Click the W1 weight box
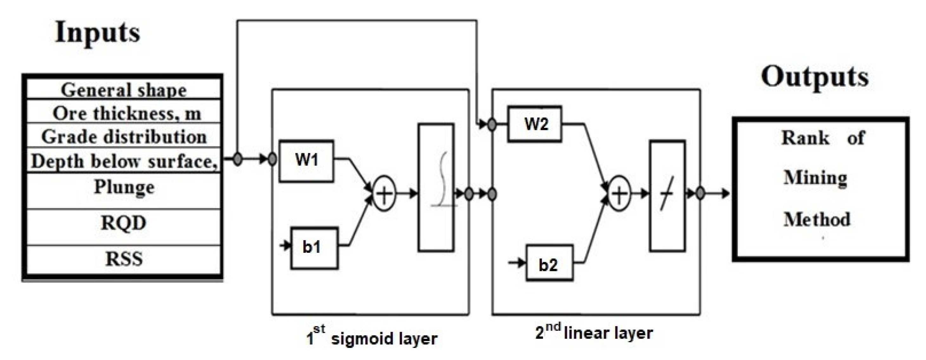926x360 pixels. click(306, 160)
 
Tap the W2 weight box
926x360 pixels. click(534, 124)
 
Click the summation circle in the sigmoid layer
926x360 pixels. click(384, 194)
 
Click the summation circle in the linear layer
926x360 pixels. click(619, 194)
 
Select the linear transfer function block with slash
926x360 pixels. click(667, 195)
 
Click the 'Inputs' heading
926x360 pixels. click(97, 33)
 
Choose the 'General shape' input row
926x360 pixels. click(123, 90)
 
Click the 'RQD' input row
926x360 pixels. click(123, 223)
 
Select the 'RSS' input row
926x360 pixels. click(123, 259)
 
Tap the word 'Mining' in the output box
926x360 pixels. click(815, 178)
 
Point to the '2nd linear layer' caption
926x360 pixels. click(594, 332)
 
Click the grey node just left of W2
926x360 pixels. click(492, 125)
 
